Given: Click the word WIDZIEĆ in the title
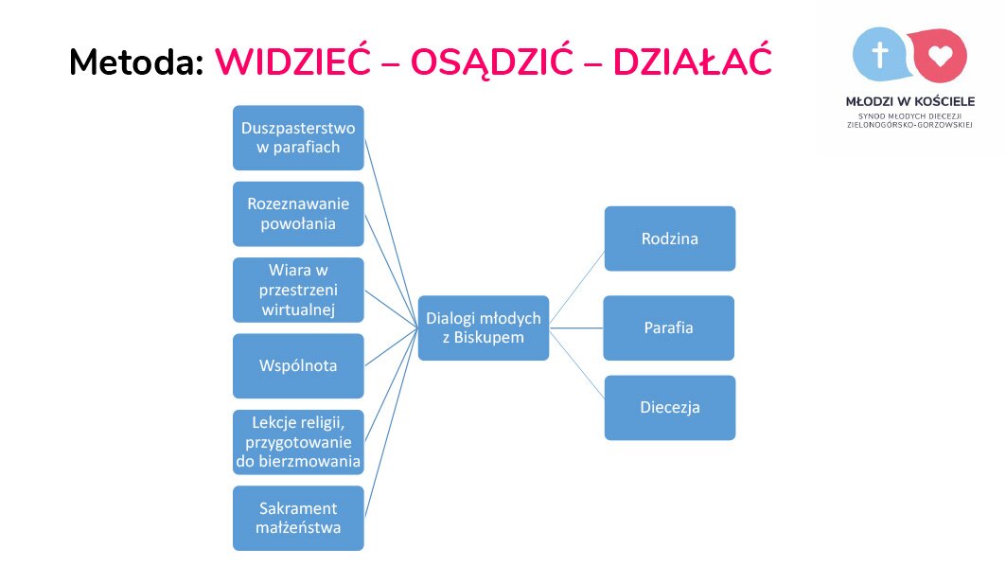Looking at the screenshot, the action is pos(292,62).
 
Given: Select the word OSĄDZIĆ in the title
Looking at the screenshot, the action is pos(491,62).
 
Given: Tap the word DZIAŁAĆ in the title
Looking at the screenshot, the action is pos(692,62).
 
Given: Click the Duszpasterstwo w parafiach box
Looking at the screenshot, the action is pos(298,138).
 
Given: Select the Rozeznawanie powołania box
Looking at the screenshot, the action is pos(298,214).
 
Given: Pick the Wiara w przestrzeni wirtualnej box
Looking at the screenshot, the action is pos(298,290).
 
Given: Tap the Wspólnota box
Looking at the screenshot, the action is pos(298,365).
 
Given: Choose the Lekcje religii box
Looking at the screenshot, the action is pos(298,442).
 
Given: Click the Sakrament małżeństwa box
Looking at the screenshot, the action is pos(298,518).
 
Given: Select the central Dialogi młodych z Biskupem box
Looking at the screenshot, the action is pos(484,327).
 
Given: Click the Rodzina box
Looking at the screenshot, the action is pos(670,239).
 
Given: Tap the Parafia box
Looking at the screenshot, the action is pos(668,327).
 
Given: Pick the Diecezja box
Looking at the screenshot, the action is pos(670,408).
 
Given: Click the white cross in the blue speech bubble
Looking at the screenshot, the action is pos(880,55).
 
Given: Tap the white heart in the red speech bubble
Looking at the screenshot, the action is pos(941,56).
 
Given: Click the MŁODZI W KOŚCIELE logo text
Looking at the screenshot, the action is pos(909,101).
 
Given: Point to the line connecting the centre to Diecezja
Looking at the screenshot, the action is pos(576,365).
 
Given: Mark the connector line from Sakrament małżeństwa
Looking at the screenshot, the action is pos(392,422).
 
